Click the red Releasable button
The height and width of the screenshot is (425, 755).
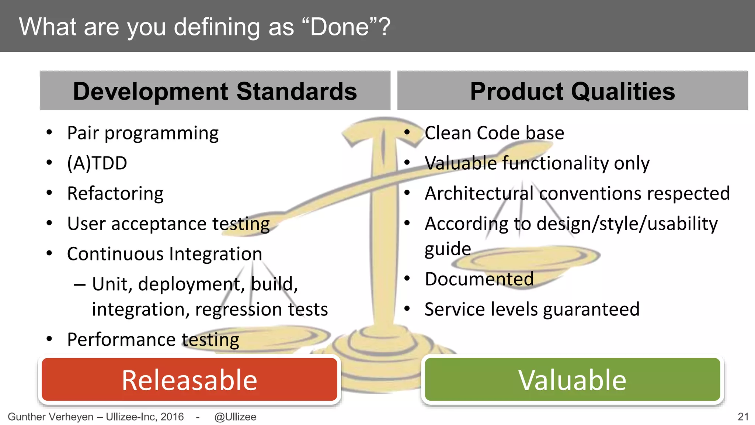tap(189, 380)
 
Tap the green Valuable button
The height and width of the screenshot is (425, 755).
tap(572, 380)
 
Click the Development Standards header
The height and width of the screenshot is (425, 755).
tap(215, 91)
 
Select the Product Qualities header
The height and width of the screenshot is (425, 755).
tap(572, 91)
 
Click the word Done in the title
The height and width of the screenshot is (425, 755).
tap(339, 27)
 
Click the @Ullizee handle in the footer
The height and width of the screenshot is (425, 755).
tap(235, 417)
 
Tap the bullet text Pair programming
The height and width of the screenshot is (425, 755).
tap(143, 133)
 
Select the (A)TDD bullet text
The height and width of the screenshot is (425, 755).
tap(97, 163)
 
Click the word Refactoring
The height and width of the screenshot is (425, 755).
tap(115, 194)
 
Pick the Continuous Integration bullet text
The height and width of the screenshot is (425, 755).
tap(164, 254)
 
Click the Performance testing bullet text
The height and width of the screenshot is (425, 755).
tap(153, 339)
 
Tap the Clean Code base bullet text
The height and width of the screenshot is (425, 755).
tap(494, 133)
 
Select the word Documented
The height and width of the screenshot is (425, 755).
tap(479, 279)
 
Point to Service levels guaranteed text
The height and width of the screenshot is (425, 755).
tap(532, 309)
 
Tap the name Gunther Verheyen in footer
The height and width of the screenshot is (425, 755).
tap(51, 417)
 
